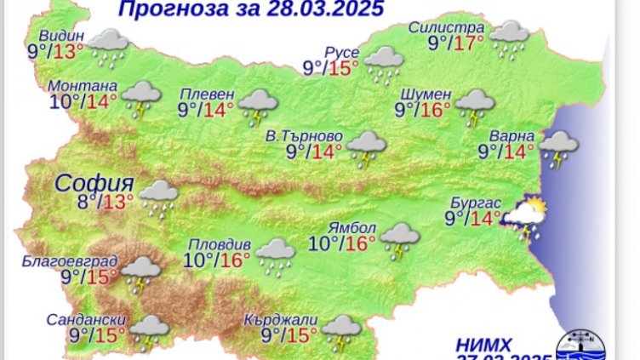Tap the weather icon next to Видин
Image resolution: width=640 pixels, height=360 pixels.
coord(108,45)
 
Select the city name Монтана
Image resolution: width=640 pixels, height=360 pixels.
coord(82,86)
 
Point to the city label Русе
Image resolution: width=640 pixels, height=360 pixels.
coord(342,53)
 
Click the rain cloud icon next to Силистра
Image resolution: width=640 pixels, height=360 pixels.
coord(510,38)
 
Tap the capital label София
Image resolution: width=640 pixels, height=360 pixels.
coord(94,183)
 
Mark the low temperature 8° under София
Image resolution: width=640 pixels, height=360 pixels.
coord(83,202)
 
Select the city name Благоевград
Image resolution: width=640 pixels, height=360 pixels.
coord(83,260)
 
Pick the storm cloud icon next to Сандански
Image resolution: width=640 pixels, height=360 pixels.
coord(148,331)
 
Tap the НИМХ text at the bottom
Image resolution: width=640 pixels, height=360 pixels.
coord(483,344)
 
